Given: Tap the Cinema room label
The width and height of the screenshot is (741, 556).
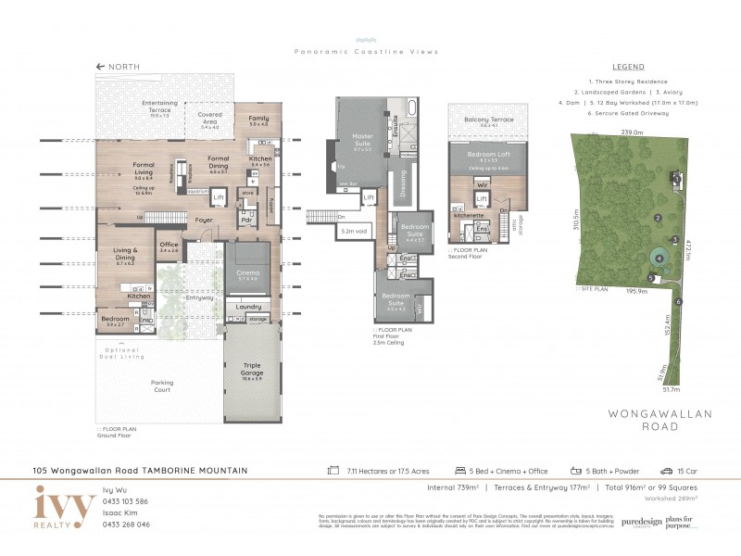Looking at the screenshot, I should (246, 274).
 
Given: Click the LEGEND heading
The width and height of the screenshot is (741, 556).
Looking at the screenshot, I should (629, 67).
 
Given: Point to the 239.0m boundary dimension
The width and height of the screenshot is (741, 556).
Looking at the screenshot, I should (631, 133).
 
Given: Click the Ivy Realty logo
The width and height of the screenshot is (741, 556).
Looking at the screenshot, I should (64, 508).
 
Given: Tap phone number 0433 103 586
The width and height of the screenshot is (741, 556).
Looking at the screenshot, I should (125, 500).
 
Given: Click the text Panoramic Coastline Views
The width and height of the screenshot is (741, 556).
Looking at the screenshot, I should (366, 52).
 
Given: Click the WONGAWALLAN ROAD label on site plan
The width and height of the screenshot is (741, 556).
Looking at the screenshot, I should (647, 420).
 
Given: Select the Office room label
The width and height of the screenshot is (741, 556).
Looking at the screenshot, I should (169, 246).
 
